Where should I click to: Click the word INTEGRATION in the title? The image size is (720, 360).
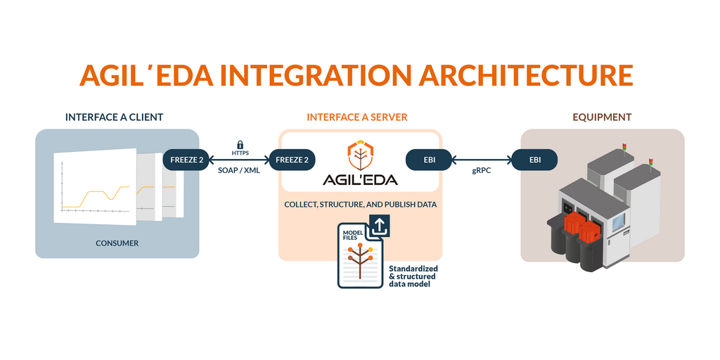pos(314,76)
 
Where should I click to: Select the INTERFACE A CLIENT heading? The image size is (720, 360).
pos(114,117)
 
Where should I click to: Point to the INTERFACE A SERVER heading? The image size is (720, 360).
pos(356,117)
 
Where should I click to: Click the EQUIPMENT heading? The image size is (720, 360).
pos(602,117)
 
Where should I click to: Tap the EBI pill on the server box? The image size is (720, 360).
pos(430,160)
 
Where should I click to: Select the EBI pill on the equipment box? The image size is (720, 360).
pos(534,160)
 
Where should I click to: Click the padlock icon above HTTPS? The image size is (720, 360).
pos(240,145)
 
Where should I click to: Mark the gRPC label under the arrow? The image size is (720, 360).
pos(482,171)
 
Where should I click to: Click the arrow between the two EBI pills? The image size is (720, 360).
pos(482,160)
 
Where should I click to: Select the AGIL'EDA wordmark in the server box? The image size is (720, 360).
pos(360,179)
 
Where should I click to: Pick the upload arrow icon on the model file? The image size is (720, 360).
pos(379,226)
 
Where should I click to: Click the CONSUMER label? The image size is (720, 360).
pos(117,243)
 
